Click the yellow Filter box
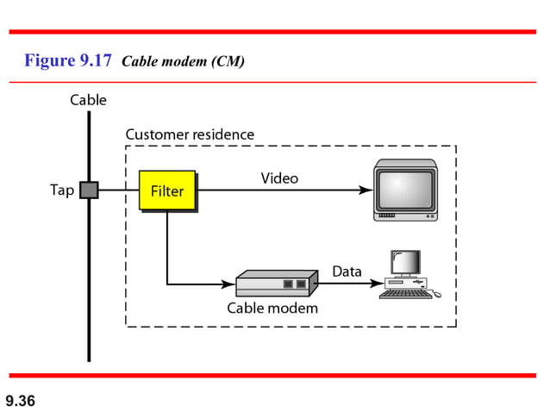pyautogui.click(x=167, y=190)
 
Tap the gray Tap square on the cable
pyautogui.click(x=89, y=190)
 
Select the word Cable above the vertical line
pyautogui.click(x=88, y=100)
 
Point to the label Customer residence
pyautogui.click(x=190, y=134)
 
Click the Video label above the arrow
pyautogui.click(x=279, y=178)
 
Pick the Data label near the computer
pyautogui.click(x=347, y=272)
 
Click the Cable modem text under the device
pyautogui.click(x=272, y=308)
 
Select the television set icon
pyautogui.click(x=404, y=190)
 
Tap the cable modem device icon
pyautogui.click(x=272, y=283)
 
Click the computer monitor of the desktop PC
pyautogui.click(x=404, y=263)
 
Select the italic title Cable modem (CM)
pyautogui.click(x=184, y=62)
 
